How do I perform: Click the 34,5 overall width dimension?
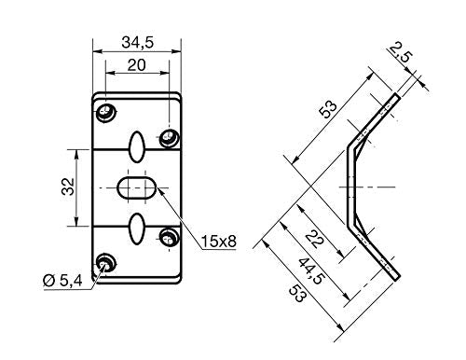(x=136, y=41)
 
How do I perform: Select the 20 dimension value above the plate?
(x=136, y=66)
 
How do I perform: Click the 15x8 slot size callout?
(x=218, y=242)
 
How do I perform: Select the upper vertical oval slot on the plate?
(x=136, y=146)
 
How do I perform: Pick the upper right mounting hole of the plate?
(x=169, y=138)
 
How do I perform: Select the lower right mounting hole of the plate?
(x=169, y=235)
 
